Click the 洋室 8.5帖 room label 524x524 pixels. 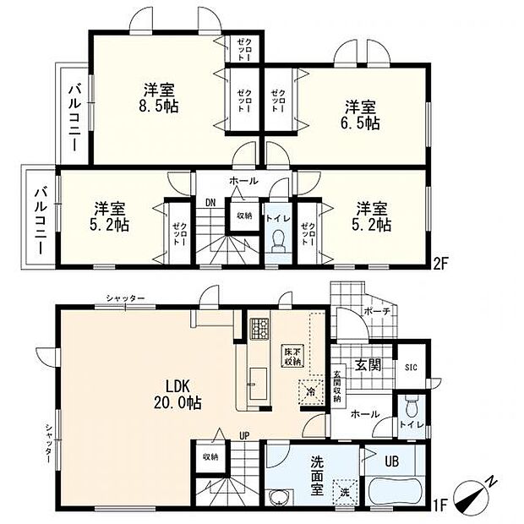tap(160, 97)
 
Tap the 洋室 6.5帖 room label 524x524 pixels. tap(361, 114)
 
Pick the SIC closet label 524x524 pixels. tap(411, 366)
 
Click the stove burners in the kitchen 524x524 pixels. tap(258, 325)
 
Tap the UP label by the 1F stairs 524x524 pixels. tap(243, 436)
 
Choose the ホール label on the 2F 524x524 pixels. tap(244, 182)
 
